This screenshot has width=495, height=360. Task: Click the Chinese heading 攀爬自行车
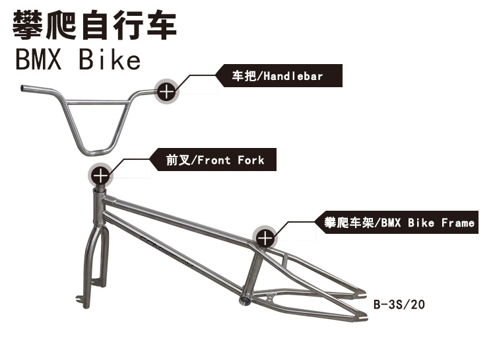[94, 25]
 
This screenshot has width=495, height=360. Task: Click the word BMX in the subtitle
[38, 59]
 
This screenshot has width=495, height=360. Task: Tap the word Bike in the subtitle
[110, 59]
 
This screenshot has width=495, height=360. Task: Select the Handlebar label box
[279, 76]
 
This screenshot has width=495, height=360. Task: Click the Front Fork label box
[213, 160]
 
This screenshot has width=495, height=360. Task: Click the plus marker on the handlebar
[167, 92]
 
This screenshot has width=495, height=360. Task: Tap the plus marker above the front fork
[100, 176]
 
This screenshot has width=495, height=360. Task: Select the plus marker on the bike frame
[265, 238]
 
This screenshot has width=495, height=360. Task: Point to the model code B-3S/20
[399, 305]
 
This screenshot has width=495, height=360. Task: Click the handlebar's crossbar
[97, 102]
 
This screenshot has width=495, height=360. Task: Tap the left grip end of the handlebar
[22, 88]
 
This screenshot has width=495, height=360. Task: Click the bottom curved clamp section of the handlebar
[95, 152]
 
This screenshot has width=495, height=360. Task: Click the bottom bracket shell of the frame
[246, 299]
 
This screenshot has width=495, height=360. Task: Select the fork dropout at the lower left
[81, 301]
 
